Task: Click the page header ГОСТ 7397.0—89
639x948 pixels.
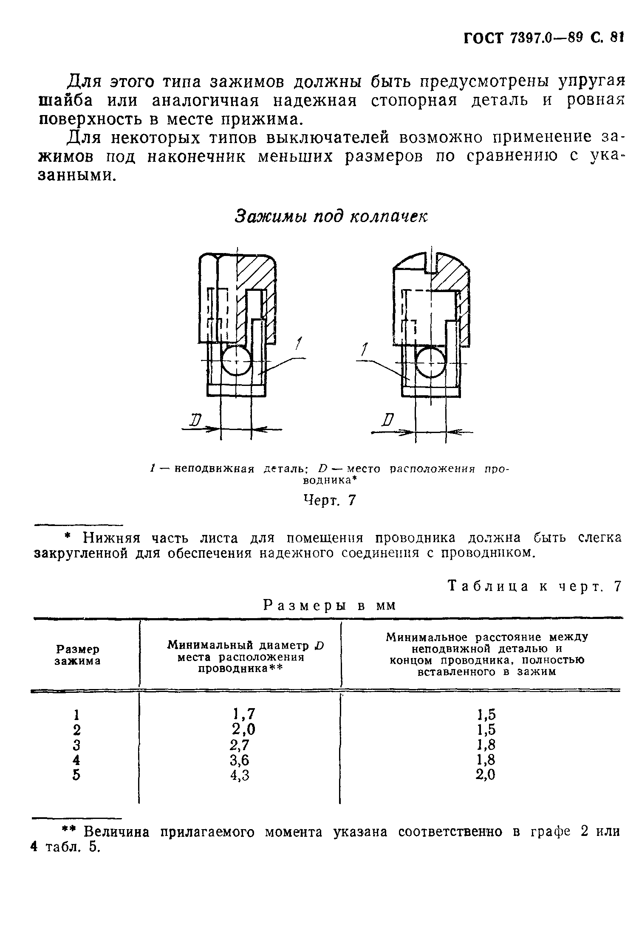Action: [522, 38]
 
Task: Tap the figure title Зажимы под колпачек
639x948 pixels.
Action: [331, 216]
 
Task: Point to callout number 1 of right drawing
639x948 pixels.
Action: [364, 350]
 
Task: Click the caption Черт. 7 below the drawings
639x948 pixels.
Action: [329, 501]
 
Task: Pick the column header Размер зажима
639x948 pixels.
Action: [78, 655]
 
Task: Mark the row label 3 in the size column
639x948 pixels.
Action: [76, 745]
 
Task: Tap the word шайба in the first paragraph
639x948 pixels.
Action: [68, 101]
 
